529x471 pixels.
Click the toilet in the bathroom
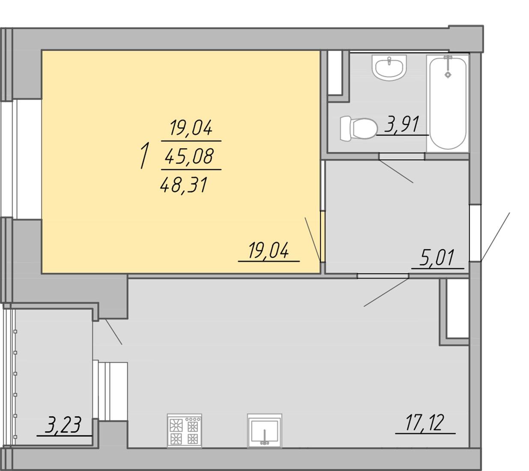tap(359, 128)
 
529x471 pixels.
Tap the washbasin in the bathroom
tap(389, 67)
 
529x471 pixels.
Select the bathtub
tap(448, 103)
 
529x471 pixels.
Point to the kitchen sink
tap(265, 431)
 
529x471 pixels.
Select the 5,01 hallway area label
tap(437, 257)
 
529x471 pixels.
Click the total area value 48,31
tap(184, 185)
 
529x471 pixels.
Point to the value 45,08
tap(189, 156)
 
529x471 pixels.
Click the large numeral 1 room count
tap(144, 155)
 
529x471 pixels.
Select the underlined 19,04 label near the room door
tap(269, 250)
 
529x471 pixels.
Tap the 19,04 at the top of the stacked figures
tap(191, 128)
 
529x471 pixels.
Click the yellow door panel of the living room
tap(323, 236)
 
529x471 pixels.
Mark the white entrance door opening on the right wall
tap(475, 233)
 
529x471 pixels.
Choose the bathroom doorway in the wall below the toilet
tap(402, 156)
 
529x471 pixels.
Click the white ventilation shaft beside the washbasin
tap(335, 73)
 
